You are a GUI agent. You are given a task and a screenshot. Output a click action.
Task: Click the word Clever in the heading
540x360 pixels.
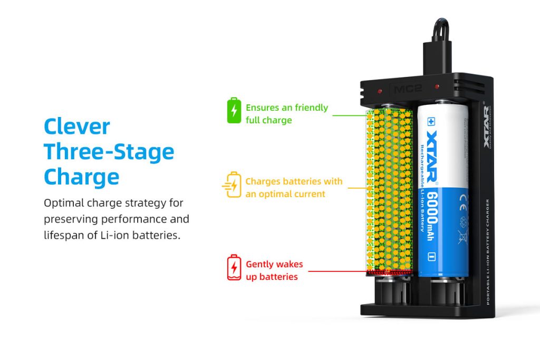click(x=77, y=127)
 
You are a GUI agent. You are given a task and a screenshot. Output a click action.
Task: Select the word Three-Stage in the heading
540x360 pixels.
click(x=109, y=152)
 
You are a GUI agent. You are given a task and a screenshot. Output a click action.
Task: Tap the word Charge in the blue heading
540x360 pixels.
click(x=81, y=177)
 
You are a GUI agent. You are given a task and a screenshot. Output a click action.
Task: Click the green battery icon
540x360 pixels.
click(x=234, y=110)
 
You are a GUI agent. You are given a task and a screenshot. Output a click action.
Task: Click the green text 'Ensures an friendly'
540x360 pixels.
click(x=287, y=108)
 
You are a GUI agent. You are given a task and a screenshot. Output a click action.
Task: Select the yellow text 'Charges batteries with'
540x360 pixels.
click(x=294, y=181)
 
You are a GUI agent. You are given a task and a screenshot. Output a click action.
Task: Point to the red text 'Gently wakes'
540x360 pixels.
click(x=274, y=264)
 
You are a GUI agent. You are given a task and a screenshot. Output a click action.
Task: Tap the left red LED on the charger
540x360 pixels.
click(x=381, y=91)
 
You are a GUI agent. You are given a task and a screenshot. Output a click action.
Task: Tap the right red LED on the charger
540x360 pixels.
click(x=437, y=86)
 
